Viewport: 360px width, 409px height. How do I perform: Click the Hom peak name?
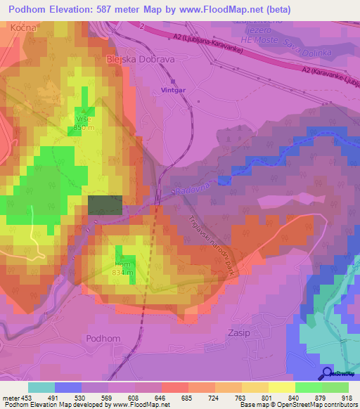point(123,265)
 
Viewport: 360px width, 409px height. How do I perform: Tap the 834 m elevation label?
point(123,273)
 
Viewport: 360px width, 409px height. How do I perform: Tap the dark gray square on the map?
point(105,204)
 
